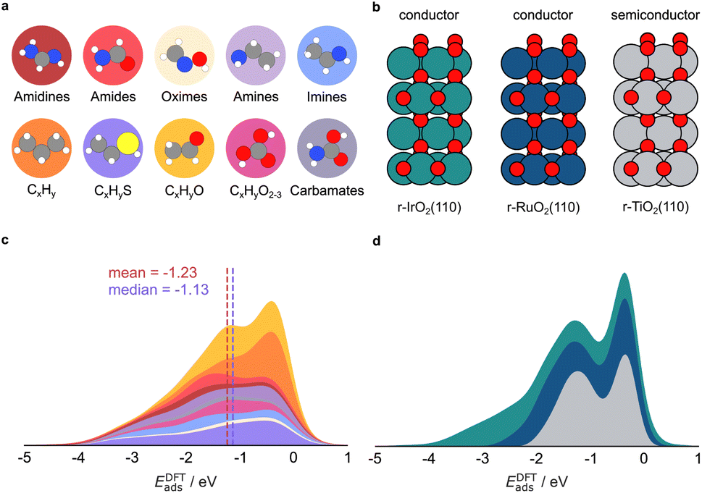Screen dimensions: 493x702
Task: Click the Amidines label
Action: point(41,97)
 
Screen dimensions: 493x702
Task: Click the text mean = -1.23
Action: point(149,274)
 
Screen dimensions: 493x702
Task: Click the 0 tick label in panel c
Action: point(293,459)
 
